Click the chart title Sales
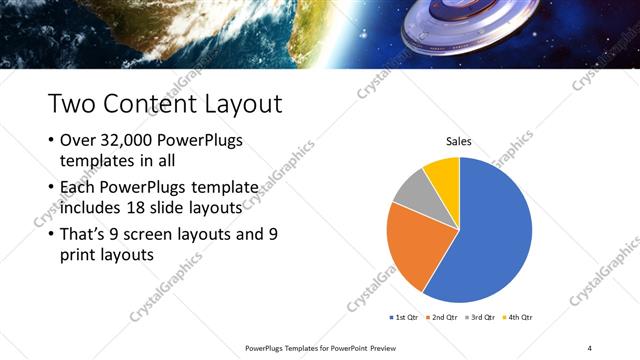tap(459, 142)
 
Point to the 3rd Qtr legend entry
tap(482, 317)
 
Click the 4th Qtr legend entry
tap(519, 317)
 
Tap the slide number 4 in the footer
tap(589, 347)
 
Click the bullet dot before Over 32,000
tap(51, 140)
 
